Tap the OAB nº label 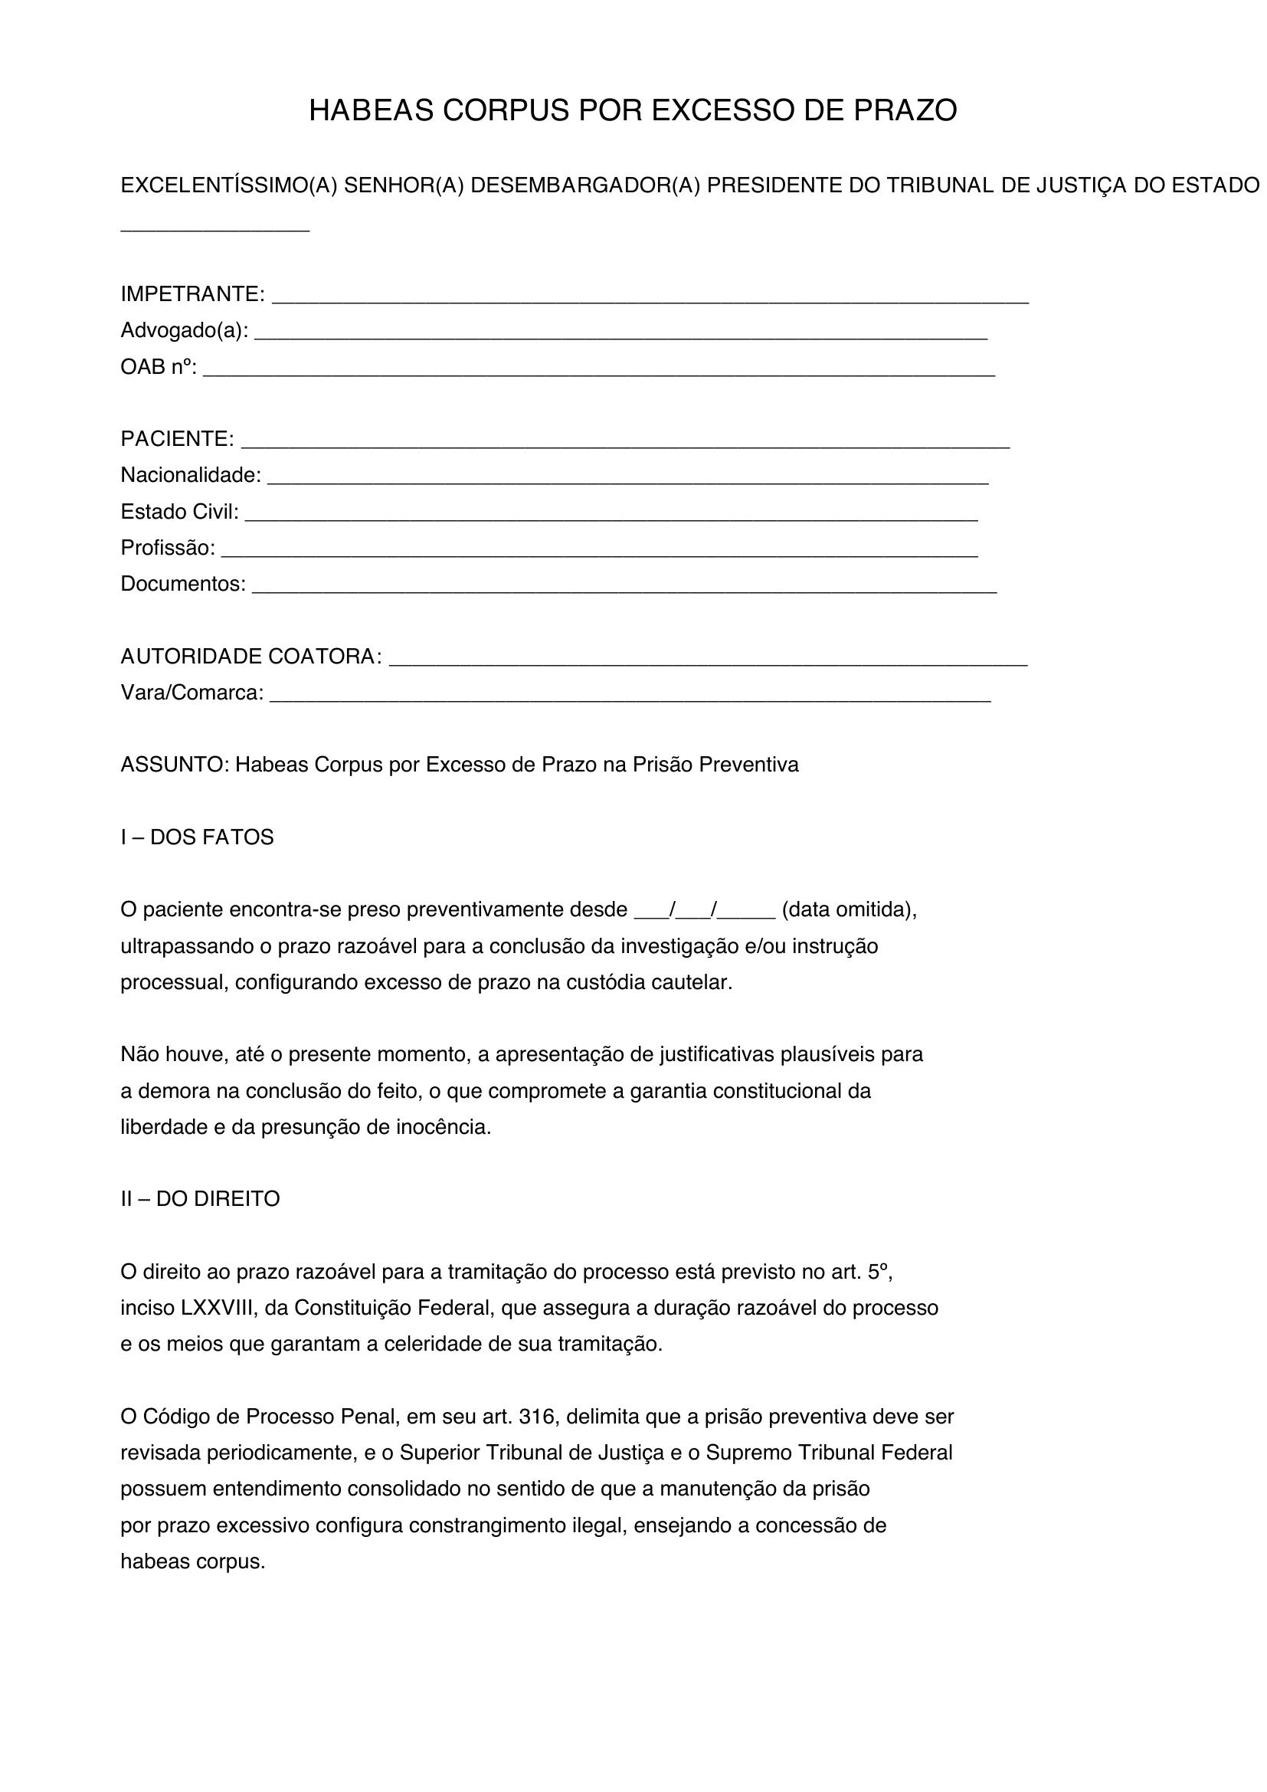click(159, 367)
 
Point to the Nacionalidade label click(191, 475)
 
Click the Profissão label click(167, 548)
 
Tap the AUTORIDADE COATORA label click(250, 657)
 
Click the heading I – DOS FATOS click(197, 837)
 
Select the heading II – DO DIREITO click(200, 1199)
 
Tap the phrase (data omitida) click(849, 910)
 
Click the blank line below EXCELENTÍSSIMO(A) click(214, 228)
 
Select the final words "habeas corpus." click(193, 1561)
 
